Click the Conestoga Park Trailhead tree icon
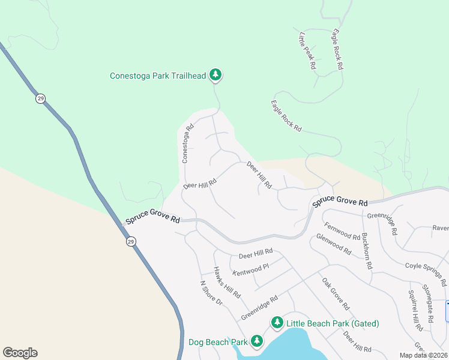[215, 75]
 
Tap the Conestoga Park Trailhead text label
[158, 76]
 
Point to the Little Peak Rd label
[306, 52]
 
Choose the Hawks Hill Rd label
[227, 283]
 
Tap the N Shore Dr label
[211, 293]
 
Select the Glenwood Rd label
[334, 245]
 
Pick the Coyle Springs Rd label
[426, 274]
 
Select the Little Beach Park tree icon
[277, 323]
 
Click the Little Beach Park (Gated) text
[333, 323]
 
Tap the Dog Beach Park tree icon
[257, 341]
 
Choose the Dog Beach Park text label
[218, 342]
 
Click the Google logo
[20, 353]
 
